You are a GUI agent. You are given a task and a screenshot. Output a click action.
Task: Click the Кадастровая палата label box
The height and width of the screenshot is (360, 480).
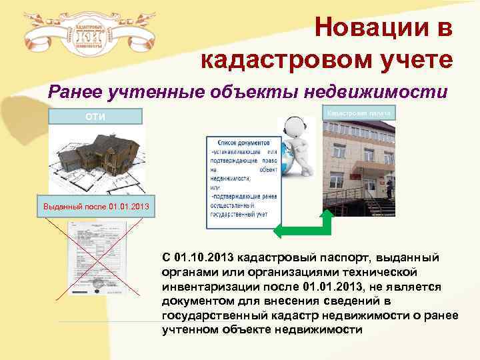point(359,113)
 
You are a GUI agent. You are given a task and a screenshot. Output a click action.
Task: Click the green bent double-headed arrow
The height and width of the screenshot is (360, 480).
point(303,227)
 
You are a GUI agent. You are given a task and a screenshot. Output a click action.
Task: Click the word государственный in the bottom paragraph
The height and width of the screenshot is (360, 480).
point(213,317)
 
